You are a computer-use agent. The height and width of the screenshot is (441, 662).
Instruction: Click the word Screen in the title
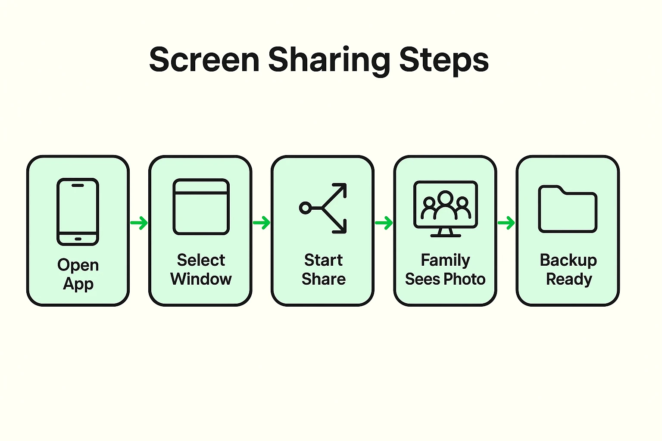(x=204, y=60)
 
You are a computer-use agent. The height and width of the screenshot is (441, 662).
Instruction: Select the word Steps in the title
(x=444, y=60)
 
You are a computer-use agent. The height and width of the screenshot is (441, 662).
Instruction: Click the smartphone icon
(x=78, y=211)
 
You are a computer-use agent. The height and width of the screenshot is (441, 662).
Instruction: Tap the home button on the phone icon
(x=78, y=239)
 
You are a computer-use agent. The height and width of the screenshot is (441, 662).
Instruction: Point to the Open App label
(x=78, y=274)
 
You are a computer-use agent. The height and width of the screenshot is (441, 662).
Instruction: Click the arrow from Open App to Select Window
(x=139, y=223)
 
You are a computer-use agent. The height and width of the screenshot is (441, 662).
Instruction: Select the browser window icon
(x=201, y=207)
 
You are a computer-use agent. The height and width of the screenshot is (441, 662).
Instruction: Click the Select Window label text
(x=201, y=270)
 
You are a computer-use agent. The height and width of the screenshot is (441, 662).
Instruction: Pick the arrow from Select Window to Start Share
(x=262, y=223)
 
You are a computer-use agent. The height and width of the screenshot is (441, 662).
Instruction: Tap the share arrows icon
(x=324, y=208)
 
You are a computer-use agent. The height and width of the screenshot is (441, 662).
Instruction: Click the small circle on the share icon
(x=305, y=208)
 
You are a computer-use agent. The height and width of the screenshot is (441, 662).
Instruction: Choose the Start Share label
(x=323, y=270)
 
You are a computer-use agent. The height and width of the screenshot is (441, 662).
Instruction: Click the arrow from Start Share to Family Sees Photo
(x=384, y=223)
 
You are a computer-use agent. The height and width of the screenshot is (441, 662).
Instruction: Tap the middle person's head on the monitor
(x=445, y=198)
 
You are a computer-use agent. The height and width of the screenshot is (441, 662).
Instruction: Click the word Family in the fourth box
(x=445, y=260)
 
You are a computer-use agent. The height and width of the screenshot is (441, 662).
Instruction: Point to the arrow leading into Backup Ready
(x=506, y=223)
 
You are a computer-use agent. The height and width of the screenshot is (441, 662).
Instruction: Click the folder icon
(x=568, y=209)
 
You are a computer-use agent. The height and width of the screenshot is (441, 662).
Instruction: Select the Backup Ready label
(x=568, y=270)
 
